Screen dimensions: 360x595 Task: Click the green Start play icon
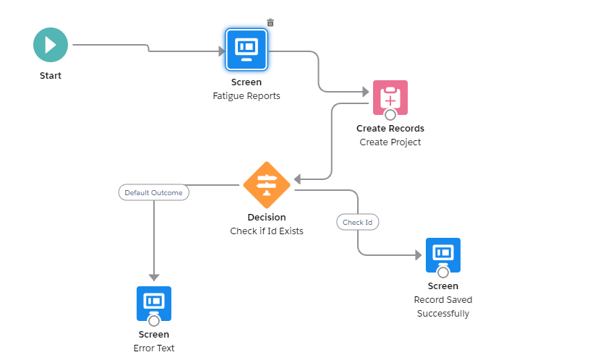[x=51, y=45]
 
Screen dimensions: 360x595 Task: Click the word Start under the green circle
[x=51, y=76]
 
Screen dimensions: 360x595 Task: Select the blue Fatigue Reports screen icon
[x=247, y=49]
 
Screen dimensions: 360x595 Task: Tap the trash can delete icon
[x=270, y=22]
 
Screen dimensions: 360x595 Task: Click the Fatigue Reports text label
[x=247, y=95]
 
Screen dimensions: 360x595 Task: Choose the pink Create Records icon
[x=390, y=97]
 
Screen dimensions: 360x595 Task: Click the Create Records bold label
[x=390, y=129]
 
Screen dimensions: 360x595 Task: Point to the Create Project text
[x=390, y=142]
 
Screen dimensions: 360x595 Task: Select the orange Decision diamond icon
[x=267, y=185]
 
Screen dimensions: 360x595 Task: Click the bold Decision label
[x=267, y=218]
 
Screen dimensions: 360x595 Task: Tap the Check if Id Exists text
[x=267, y=231]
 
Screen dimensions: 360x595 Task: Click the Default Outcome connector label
[x=153, y=193]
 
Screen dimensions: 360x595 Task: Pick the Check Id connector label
[x=358, y=223]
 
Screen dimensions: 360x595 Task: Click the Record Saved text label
[x=443, y=300]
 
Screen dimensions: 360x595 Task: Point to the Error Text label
[x=154, y=348]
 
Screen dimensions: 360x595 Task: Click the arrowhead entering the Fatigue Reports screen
[x=223, y=51]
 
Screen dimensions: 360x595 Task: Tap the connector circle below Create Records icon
[x=390, y=114]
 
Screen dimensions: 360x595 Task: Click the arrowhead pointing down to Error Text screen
[x=153, y=277]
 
